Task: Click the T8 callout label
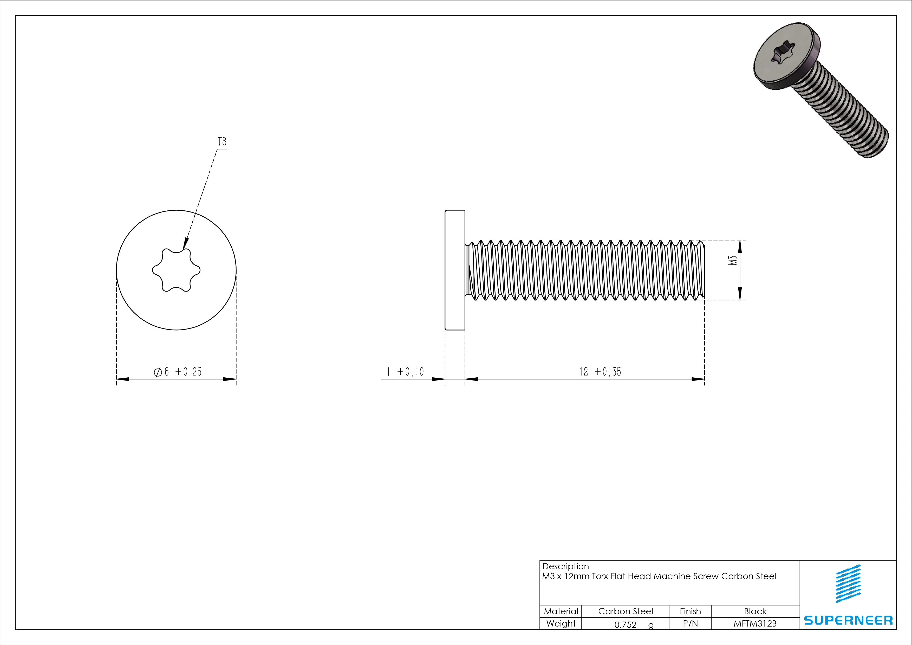[x=222, y=142]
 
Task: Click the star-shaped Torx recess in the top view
[x=176, y=270]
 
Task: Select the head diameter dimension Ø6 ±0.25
[x=178, y=372]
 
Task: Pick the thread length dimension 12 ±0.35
[x=600, y=372]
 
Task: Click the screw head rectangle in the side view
[x=455, y=270]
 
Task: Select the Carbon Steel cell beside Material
[x=625, y=611]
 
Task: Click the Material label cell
[x=561, y=611]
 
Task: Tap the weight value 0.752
[x=625, y=625]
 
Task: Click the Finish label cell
[x=690, y=611]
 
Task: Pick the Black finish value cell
[x=755, y=611]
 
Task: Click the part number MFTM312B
[x=755, y=623]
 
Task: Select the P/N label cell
[x=690, y=623]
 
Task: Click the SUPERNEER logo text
[x=848, y=620]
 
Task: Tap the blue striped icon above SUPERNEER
[x=848, y=583]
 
